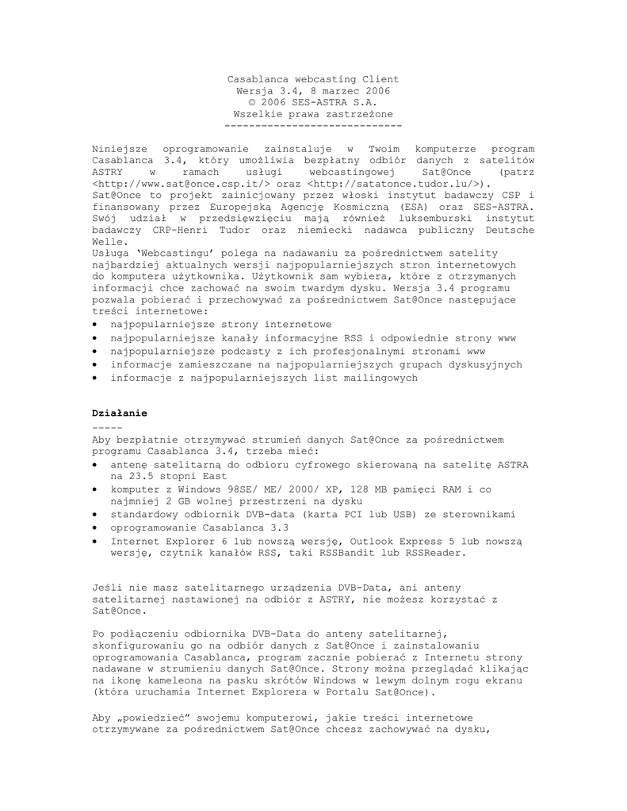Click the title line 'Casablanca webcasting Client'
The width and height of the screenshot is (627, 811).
click(x=313, y=79)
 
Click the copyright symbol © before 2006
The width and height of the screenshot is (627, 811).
click(x=252, y=103)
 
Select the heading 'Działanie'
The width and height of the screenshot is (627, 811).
click(x=120, y=413)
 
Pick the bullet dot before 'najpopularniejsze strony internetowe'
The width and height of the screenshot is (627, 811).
click(x=95, y=325)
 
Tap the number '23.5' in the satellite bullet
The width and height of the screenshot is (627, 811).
click(x=124, y=477)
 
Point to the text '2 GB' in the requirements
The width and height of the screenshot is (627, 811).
click(x=175, y=501)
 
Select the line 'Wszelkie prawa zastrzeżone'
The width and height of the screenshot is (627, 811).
click(x=313, y=115)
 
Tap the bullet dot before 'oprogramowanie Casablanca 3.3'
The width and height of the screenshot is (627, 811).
click(x=95, y=527)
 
